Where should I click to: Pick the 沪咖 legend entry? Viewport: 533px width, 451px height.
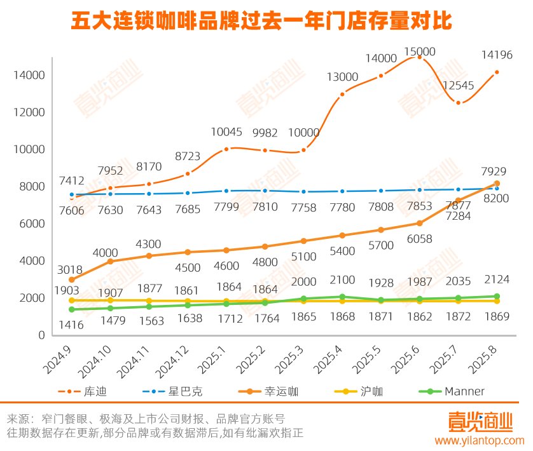(366, 391)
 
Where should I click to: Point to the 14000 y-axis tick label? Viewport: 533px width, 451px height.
(28, 76)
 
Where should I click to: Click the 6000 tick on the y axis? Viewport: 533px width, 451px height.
(31, 224)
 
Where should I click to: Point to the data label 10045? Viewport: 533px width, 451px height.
(227, 132)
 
